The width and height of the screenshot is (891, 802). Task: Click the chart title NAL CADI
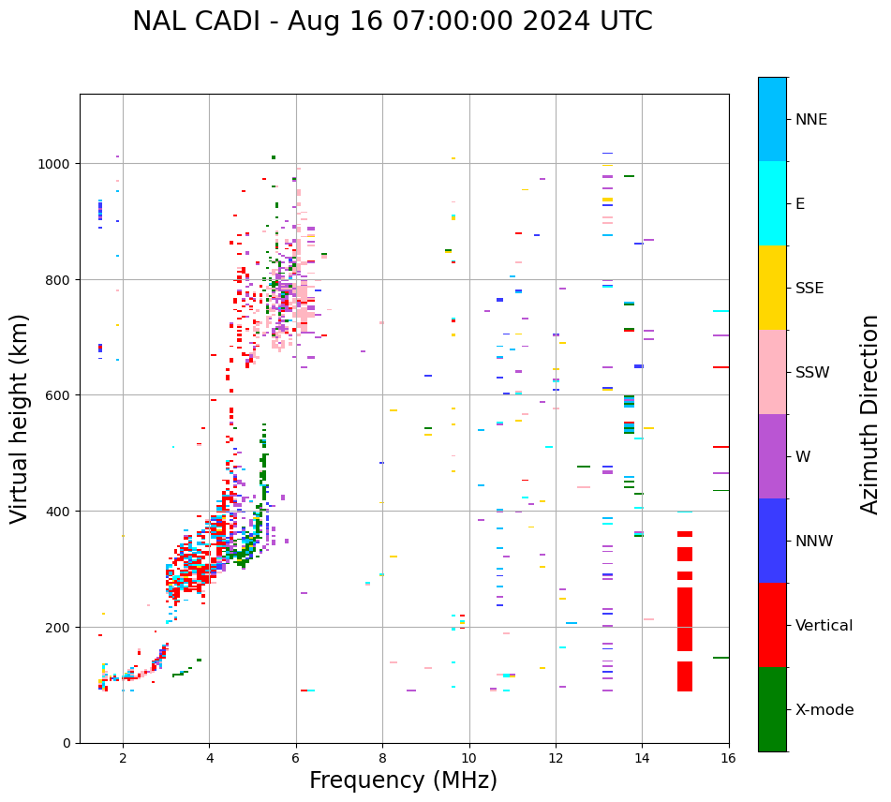coord(392,22)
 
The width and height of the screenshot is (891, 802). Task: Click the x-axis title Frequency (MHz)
coord(403,780)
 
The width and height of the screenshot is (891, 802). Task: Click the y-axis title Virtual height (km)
coord(20,418)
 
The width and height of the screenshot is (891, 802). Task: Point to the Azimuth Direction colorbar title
coord(870,414)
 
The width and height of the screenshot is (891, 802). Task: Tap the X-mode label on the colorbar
coord(824,710)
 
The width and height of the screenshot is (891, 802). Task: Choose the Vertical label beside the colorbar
coord(824,626)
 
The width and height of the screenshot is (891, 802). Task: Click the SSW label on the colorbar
coord(812,372)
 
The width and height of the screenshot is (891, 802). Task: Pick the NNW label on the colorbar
coord(814,541)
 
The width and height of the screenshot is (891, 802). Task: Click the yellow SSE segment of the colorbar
coord(772,288)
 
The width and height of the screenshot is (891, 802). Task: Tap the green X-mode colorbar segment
coord(772,709)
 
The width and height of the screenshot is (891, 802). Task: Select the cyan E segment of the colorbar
coord(772,203)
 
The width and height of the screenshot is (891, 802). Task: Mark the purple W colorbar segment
coord(772,456)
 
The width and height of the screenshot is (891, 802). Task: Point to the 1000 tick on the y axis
coord(57,164)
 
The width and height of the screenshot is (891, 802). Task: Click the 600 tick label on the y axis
coord(60,395)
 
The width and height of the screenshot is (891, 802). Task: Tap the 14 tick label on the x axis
coord(642,759)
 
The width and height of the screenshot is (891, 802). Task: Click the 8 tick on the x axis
coord(382,759)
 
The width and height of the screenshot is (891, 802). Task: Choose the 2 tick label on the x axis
coord(123,759)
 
